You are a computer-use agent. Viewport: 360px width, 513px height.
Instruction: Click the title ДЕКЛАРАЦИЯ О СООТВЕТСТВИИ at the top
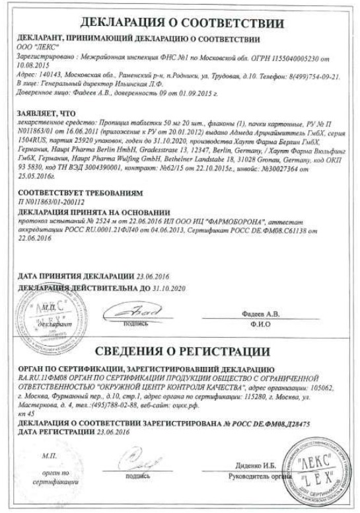[x=180, y=24]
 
